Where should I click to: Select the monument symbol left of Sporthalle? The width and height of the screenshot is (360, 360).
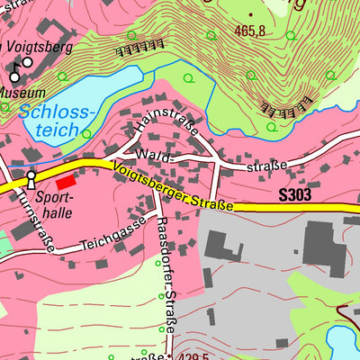(31, 178)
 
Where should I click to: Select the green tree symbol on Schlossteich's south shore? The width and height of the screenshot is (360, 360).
(86, 134)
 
